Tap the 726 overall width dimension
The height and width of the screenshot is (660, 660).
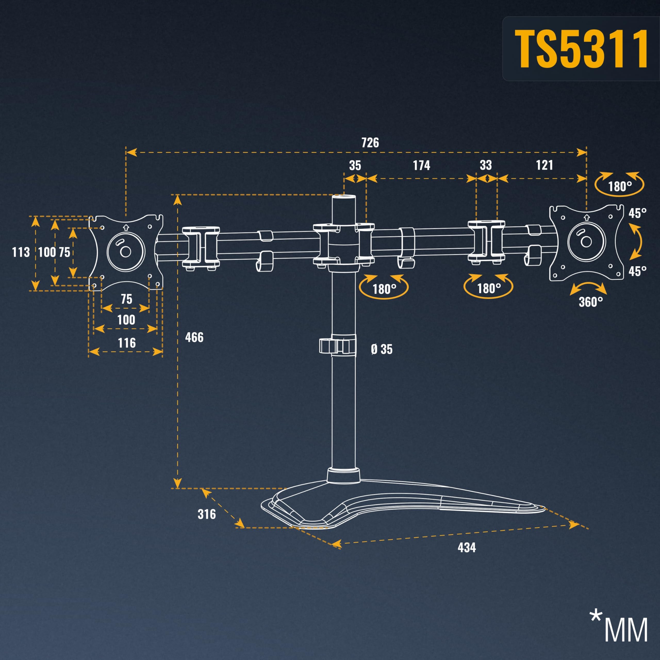[370, 143]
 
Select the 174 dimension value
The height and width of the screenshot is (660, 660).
[422, 165]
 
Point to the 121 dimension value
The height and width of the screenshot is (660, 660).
[544, 165]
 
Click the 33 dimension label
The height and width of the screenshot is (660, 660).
[486, 165]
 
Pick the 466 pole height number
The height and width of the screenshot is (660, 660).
[194, 337]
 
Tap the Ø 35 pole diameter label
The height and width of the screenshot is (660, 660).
[382, 349]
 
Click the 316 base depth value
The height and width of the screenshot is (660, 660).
[207, 514]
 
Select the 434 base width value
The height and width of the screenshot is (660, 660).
[467, 548]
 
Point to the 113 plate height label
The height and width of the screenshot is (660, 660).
[21, 252]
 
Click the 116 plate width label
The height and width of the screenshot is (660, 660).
[127, 343]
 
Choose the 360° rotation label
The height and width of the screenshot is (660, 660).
[591, 302]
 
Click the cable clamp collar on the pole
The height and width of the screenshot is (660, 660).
[337, 346]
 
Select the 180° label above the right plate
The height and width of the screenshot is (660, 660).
[620, 186]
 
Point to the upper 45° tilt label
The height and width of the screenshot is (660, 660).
[638, 213]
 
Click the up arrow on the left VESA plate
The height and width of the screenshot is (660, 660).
[126, 227]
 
